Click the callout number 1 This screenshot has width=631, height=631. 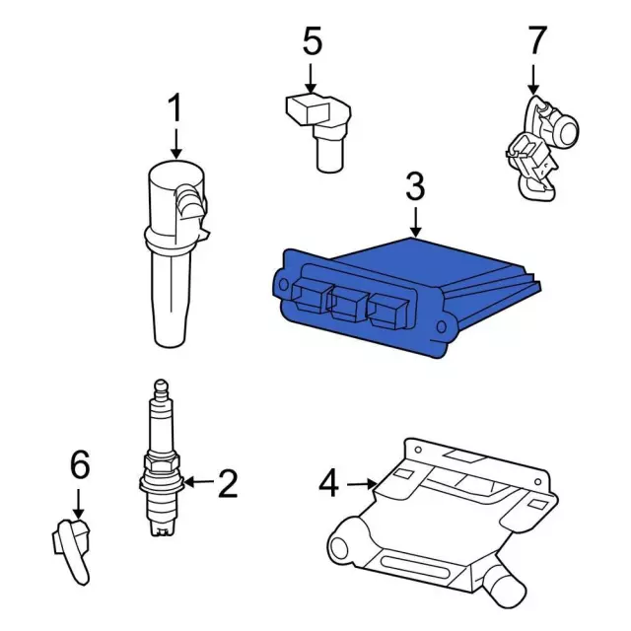[x=175, y=109]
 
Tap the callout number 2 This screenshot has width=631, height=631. [x=228, y=482]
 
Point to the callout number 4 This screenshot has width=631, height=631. [x=329, y=482]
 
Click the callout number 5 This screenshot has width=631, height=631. [x=312, y=42]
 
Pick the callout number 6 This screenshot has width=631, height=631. [x=79, y=464]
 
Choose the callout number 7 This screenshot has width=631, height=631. [x=535, y=41]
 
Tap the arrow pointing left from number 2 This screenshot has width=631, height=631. [x=198, y=482]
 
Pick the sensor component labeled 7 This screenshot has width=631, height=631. [x=537, y=148]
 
